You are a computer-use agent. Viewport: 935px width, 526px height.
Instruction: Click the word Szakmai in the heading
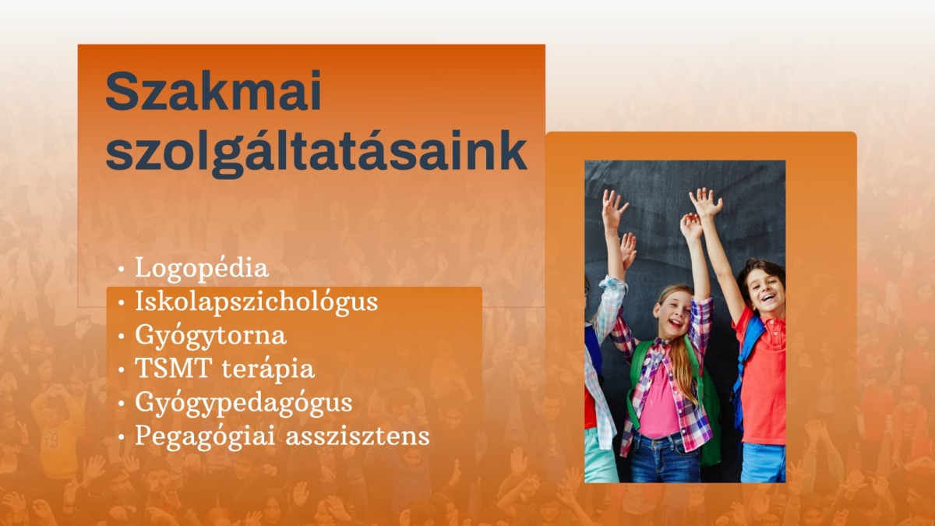click(213, 90)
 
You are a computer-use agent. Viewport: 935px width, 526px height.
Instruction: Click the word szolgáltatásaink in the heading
click(316, 151)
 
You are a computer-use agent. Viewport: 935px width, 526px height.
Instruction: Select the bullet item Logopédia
click(201, 268)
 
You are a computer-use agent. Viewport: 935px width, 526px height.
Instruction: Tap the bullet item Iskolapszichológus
click(256, 302)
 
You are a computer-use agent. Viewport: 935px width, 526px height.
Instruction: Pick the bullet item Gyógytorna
click(210, 335)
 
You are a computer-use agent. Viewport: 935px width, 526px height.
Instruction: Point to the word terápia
click(268, 369)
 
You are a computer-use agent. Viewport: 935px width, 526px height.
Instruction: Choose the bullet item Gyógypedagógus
click(243, 403)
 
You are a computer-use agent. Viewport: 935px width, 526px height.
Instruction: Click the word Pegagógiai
click(204, 436)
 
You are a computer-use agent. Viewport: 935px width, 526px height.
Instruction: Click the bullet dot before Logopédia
click(122, 270)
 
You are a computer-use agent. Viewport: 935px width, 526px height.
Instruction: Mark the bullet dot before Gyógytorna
click(122, 337)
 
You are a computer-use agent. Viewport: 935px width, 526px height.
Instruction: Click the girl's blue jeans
click(664, 458)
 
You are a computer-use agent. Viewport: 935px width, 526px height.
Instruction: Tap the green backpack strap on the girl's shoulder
click(639, 367)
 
